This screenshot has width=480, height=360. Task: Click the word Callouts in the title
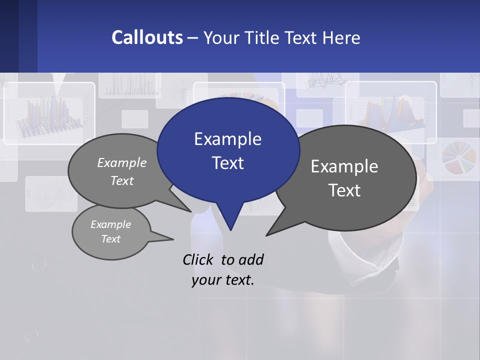147,37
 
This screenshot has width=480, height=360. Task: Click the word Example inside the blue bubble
227,139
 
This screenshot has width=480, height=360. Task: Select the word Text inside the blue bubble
227,163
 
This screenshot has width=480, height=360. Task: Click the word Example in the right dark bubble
344,166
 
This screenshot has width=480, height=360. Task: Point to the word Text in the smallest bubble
111,239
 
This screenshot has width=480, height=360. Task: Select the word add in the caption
251,259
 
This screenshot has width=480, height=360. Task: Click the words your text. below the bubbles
223,280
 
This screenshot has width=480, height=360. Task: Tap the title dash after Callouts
193,38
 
